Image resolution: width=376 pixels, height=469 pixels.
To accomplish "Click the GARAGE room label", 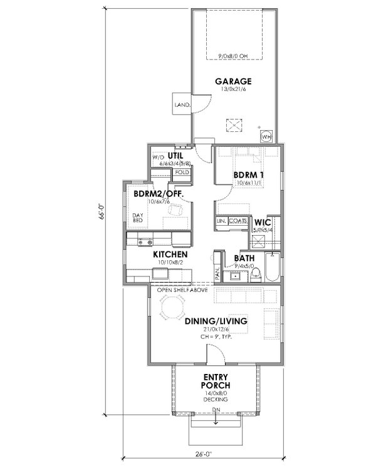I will [234, 81].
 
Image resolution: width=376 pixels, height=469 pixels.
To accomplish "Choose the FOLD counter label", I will [182, 171].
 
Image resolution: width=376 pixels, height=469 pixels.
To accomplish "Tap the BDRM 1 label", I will [244, 174].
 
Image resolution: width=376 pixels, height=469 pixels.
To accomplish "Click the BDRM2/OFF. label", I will [159, 194].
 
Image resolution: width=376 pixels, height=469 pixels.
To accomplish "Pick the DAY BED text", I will [138, 218].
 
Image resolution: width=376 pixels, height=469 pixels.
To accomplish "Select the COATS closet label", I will [237, 221].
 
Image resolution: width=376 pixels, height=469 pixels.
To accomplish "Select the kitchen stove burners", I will [145, 240].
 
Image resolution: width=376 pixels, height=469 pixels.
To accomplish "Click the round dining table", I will [170, 306].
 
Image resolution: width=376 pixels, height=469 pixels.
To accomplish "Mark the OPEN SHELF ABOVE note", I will [181, 290].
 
